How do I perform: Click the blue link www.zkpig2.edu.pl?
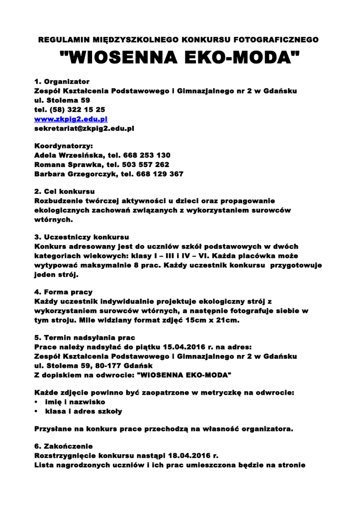click(71, 119)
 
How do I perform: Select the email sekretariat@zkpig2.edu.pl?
click(84, 128)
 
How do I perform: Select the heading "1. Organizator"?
click(62, 82)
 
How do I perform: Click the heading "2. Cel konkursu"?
click(65, 191)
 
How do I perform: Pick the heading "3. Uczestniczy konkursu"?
click(82, 237)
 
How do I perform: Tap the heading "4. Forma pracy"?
click(63, 292)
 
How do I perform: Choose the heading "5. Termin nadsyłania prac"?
click(85, 338)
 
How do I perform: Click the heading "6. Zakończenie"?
click(63, 446)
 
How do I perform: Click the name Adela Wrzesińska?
click(67, 156)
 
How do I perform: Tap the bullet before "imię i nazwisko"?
click(36, 402)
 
